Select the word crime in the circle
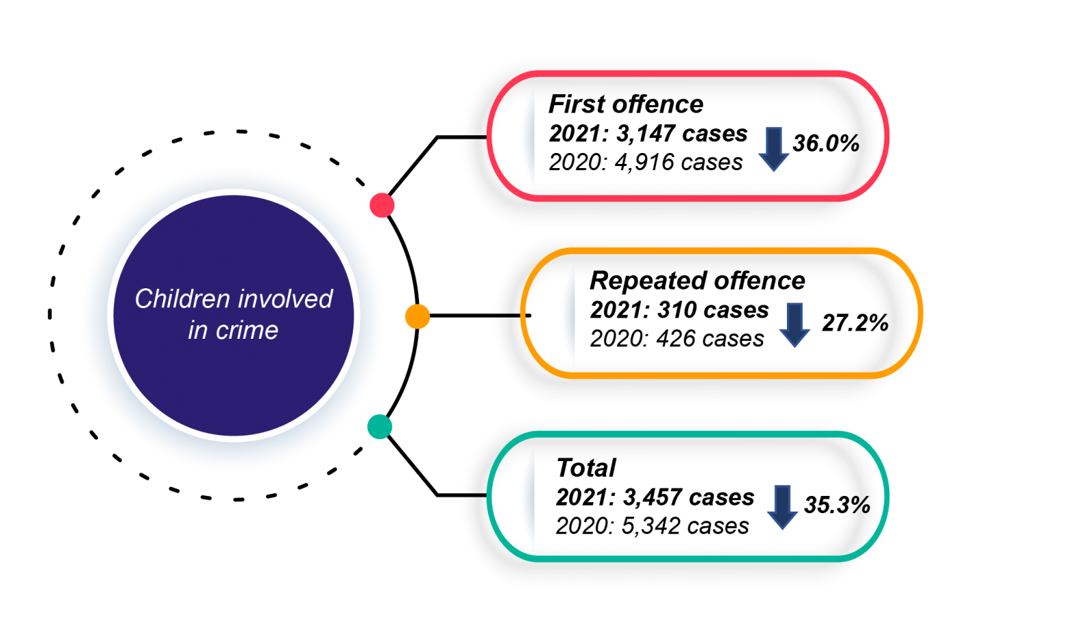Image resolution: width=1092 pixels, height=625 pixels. [247, 331]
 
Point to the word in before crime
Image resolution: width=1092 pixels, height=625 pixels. [197, 331]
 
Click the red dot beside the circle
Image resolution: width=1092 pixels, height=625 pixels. [382, 205]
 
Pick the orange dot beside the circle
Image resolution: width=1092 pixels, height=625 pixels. [417, 316]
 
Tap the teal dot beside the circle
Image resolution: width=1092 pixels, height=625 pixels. [379, 426]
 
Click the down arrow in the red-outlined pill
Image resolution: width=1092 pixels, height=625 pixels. [773, 149]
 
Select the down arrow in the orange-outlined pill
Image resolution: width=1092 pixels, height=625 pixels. [794, 325]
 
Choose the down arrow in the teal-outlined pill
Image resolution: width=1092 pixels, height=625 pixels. [782, 507]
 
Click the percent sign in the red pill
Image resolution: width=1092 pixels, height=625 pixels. [850, 143]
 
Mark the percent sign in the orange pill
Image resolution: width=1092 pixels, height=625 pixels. [881, 323]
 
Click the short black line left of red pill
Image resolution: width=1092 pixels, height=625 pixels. [474, 137]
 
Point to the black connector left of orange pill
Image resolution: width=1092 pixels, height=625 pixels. [506, 316]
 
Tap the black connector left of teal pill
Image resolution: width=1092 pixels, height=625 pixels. [474, 495]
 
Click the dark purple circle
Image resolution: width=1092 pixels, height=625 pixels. [233, 383]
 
